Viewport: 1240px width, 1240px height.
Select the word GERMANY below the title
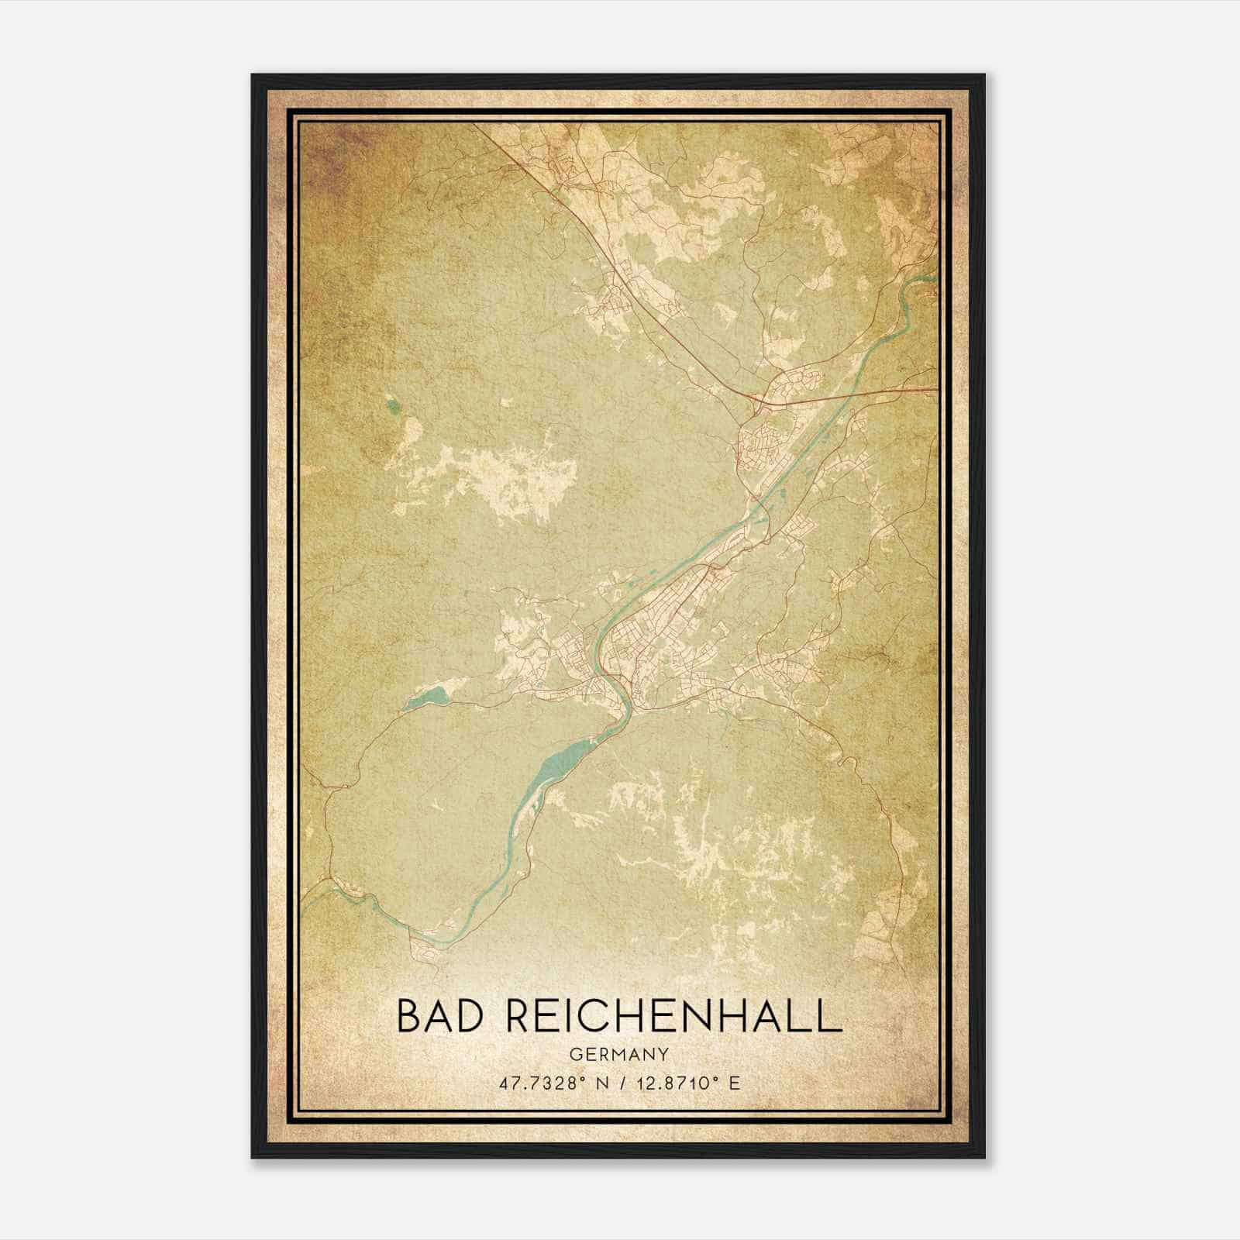(619, 1054)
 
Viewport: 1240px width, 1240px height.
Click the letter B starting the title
(409, 1016)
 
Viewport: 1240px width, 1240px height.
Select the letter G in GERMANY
(574, 1054)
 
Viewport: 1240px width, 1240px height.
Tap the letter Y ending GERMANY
(664, 1054)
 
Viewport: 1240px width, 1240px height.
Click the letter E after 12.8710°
(735, 1083)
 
